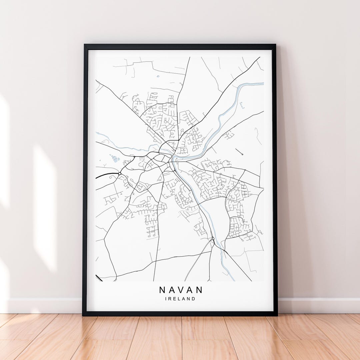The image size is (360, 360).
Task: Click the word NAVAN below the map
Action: point(181,289)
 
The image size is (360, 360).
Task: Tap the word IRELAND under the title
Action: point(180,299)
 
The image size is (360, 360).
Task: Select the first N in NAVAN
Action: point(162,289)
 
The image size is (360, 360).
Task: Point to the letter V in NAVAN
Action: point(181,289)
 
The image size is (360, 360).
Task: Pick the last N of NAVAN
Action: point(200,289)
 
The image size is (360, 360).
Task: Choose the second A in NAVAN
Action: point(190,289)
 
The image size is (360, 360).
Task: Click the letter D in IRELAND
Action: point(193,299)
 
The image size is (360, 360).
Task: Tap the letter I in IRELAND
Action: point(166,299)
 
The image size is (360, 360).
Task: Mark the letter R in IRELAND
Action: point(170,299)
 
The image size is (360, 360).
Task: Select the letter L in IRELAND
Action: point(179,299)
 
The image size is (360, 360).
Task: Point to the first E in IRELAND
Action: point(175,299)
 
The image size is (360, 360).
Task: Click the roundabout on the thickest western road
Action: point(119,173)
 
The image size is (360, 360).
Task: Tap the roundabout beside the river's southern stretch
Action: point(213,238)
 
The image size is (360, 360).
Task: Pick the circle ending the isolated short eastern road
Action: point(242,154)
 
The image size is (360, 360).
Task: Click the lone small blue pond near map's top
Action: point(158,76)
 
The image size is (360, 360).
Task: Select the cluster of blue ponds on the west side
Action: point(115,158)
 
